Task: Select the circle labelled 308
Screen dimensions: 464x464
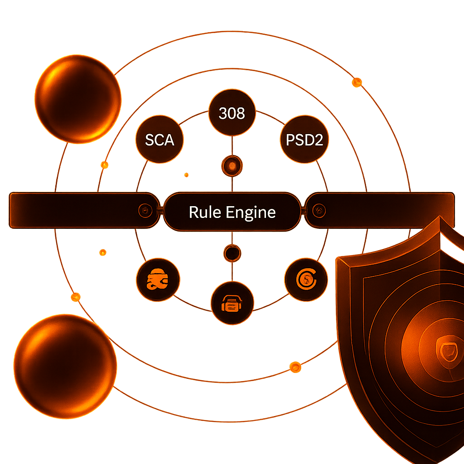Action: [232, 113]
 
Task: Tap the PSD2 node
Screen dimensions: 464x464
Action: [304, 140]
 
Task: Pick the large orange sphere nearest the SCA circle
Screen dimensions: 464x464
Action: [78, 98]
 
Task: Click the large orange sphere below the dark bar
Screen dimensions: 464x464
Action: [65, 354]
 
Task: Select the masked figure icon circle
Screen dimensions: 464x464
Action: [158, 280]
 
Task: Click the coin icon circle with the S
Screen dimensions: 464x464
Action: [306, 280]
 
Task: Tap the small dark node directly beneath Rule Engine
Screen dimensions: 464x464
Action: [232, 253]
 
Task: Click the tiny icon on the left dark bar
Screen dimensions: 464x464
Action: [144, 210]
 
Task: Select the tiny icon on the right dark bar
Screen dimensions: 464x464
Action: [319, 210]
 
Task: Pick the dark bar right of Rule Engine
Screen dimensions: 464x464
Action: [385, 210]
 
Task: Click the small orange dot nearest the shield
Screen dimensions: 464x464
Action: [295, 366]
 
